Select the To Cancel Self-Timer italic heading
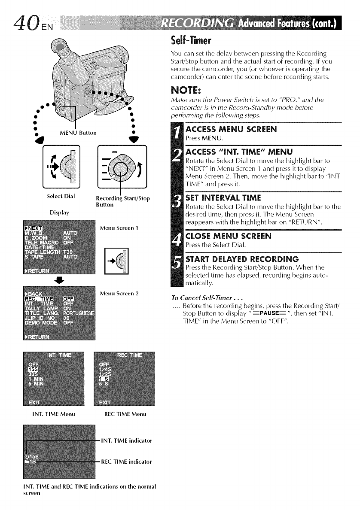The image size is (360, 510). pyautogui.click(x=197, y=297)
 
